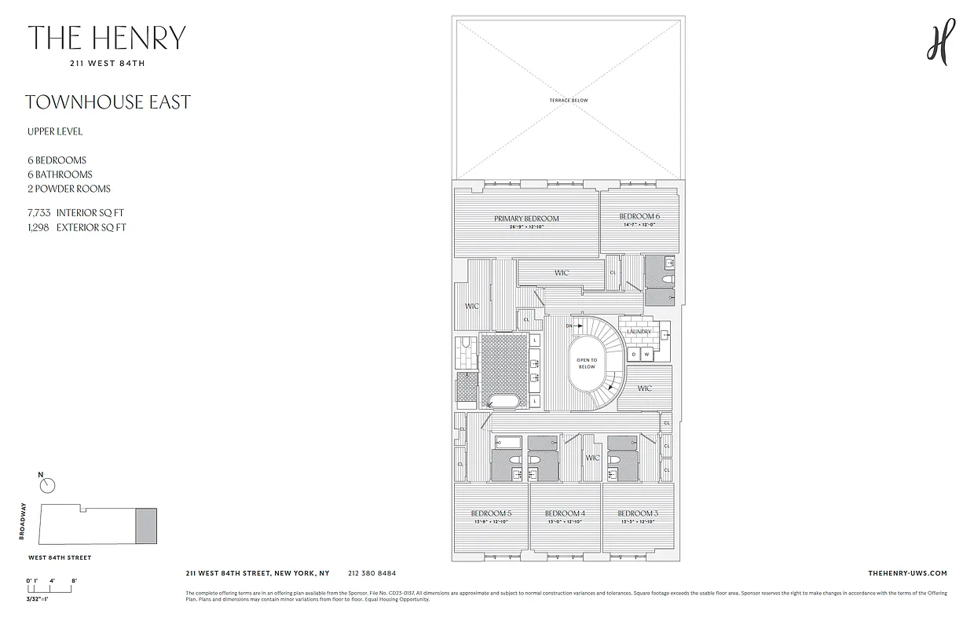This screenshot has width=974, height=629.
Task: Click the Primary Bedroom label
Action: (526, 219)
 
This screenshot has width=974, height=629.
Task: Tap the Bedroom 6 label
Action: (639, 216)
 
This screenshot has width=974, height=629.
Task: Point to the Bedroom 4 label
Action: (564, 513)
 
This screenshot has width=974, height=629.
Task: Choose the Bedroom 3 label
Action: (637, 513)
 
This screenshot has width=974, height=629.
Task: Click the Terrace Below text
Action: (569, 101)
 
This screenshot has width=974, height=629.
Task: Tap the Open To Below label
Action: (587, 363)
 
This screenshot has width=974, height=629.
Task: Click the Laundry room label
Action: (639, 332)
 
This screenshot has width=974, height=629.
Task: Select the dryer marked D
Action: (635, 355)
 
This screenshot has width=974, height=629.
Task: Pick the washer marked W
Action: (647, 355)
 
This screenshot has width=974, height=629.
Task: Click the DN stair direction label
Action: (570, 325)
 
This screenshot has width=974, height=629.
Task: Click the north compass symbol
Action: (47, 486)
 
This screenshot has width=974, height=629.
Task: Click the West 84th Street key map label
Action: (60, 557)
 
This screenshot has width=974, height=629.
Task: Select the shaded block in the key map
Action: (146, 525)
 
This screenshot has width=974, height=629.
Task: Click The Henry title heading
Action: (107, 39)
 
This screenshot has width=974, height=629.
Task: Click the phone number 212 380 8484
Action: (372, 574)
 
